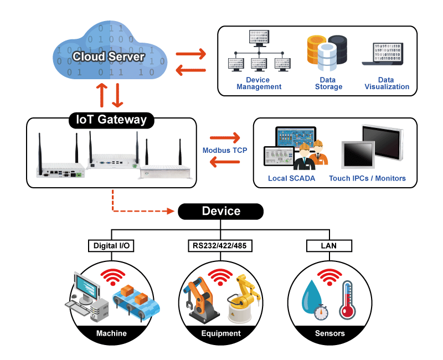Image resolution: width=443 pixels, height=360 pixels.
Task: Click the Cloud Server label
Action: (109, 57)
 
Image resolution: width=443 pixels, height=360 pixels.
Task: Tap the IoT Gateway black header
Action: (111, 119)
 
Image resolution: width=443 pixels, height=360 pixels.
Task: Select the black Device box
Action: (221, 211)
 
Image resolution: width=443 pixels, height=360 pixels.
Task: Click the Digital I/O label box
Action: (111, 244)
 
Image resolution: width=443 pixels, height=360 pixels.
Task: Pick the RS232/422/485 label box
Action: (220, 244)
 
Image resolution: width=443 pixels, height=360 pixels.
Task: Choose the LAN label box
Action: (329, 244)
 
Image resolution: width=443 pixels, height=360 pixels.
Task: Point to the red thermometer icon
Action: (347, 300)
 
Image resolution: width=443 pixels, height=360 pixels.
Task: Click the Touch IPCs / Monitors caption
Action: (367, 178)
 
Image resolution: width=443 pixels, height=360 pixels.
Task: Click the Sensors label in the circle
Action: (329, 333)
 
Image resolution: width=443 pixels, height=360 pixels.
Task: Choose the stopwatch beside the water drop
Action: (320, 312)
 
